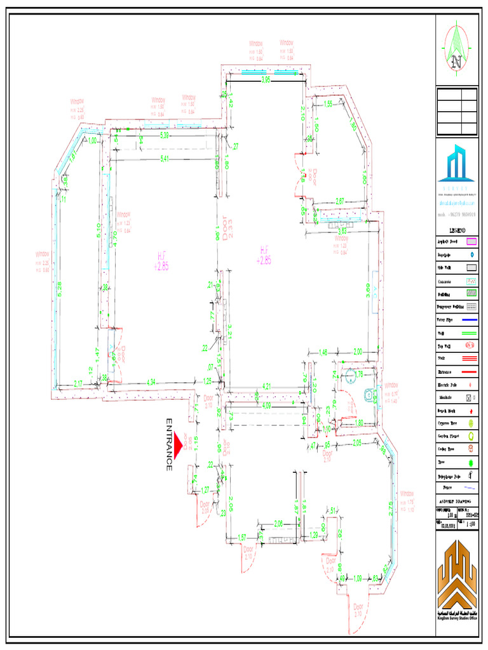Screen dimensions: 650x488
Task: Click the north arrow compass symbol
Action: (456, 47)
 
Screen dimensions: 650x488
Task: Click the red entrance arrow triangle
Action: (179, 442)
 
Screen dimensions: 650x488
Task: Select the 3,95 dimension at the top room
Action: (266, 79)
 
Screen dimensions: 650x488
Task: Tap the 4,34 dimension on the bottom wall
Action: (151, 382)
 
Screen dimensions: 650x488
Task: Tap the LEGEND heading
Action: (457, 230)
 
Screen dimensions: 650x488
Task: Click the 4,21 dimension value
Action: (268, 386)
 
